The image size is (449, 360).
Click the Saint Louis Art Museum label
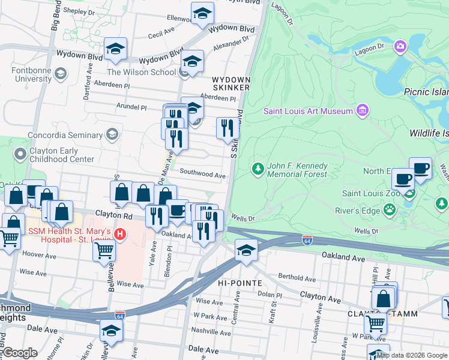pyautogui.click(x=308, y=111)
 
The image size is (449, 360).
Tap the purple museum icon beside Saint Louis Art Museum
pyautogui.click(x=361, y=110)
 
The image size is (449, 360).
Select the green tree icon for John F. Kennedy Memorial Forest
pyautogui.click(x=258, y=169)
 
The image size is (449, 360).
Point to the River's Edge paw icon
pyautogui.click(x=390, y=209)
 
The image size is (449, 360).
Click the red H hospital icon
pyautogui.click(x=121, y=233)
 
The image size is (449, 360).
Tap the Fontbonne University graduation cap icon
pyautogui.click(x=59, y=74)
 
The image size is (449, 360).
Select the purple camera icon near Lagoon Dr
pyautogui.click(x=400, y=46)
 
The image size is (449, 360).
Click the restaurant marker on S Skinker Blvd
pyautogui.click(x=226, y=127)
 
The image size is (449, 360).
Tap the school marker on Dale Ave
pyautogui.click(x=111, y=330)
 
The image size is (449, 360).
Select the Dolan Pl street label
pyautogui.click(x=270, y=295)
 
